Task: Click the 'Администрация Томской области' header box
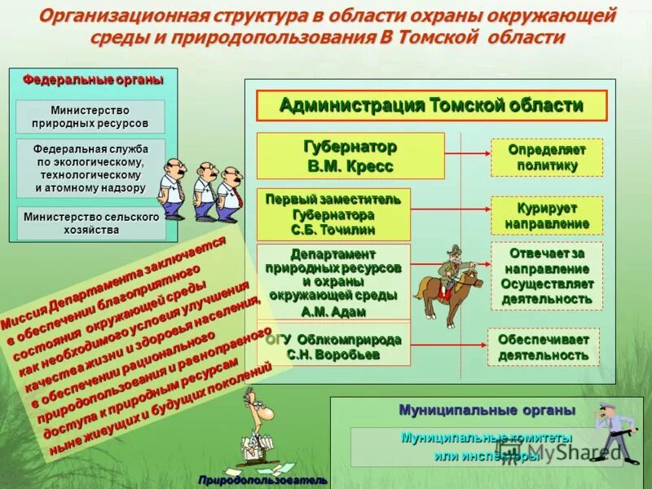pyautogui.click(x=432, y=106)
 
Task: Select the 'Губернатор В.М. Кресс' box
pyautogui.click(x=350, y=156)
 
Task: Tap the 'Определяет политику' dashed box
pyautogui.click(x=547, y=157)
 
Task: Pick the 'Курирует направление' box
pyautogui.click(x=547, y=215)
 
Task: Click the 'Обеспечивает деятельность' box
pyautogui.click(x=543, y=347)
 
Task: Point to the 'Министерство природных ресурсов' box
pyautogui.click(x=90, y=117)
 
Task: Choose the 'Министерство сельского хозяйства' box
pyautogui.click(x=90, y=223)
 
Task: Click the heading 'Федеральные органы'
pyautogui.click(x=93, y=79)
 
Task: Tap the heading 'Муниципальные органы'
pyautogui.click(x=487, y=409)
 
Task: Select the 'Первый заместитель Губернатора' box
pyautogui.click(x=333, y=214)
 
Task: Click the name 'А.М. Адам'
pyautogui.click(x=333, y=311)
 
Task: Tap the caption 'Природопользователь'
pyautogui.click(x=262, y=480)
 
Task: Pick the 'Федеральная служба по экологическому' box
pyautogui.click(x=90, y=168)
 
